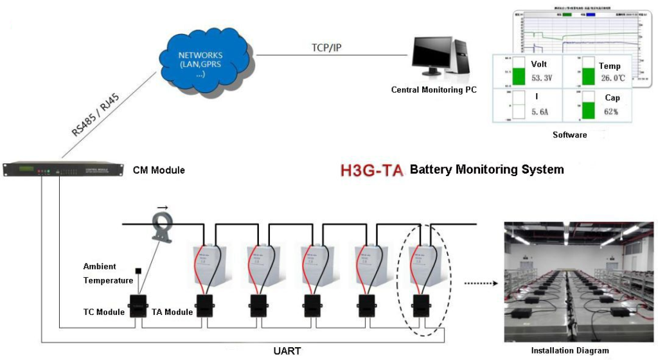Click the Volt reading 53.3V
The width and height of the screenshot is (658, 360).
coord(542,78)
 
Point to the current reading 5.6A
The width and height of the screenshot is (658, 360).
coord(540,112)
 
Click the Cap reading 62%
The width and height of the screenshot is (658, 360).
coord(610,111)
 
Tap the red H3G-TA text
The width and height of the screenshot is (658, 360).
coord(372,170)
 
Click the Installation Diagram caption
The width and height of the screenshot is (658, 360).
coord(570,350)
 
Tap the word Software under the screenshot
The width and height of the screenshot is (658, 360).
coord(569,135)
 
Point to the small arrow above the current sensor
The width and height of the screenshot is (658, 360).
coord(163,208)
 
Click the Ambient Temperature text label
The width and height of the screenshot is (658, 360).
coord(108,273)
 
